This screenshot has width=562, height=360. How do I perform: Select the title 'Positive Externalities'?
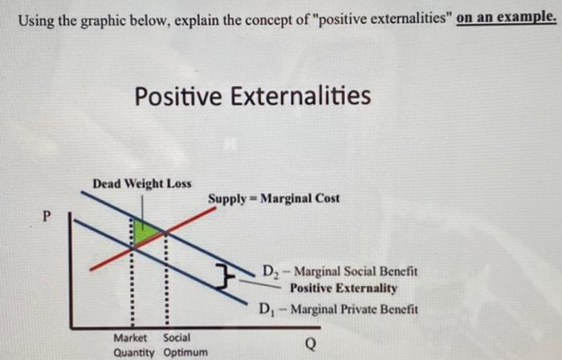click(x=252, y=97)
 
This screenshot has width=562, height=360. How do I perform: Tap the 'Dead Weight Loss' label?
click(x=142, y=183)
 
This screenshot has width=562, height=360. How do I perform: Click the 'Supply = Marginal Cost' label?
click(x=274, y=198)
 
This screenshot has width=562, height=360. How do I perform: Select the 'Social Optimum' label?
click(x=185, y=345)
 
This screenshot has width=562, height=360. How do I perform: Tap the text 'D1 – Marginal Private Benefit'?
click(x=338, y=309)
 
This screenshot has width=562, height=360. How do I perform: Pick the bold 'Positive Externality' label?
click(x=344, y=288)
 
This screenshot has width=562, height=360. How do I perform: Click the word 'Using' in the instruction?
click(x=36, y=18)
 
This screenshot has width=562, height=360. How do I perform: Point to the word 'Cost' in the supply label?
click(x=326, y=198)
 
